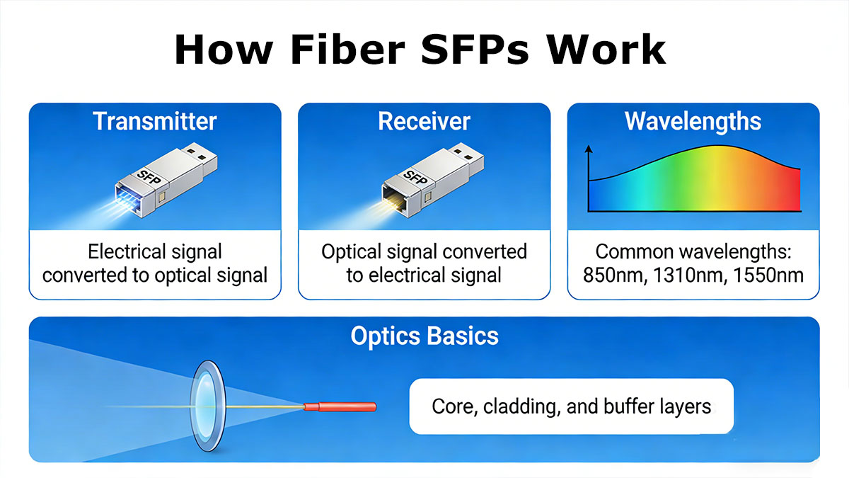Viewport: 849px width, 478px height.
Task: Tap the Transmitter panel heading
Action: click(x=154, y=121)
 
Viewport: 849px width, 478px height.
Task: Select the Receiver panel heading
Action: click(x=424, y=121)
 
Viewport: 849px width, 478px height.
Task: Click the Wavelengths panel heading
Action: click(x=693, y=121)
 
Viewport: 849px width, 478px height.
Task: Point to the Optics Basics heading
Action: click(x=424, y=336)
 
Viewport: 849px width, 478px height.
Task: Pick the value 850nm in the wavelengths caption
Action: click(x=611, y=275)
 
